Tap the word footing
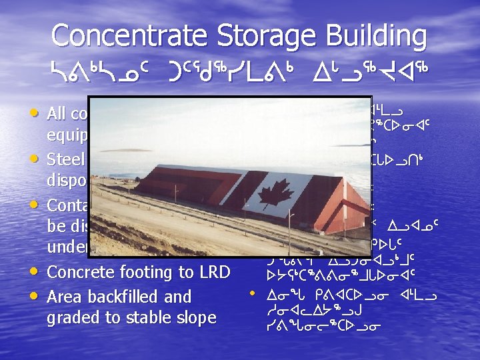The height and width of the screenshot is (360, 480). (151, 272)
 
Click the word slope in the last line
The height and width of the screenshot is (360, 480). (195, 318)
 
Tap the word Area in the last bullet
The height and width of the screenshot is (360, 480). (65, 297)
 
